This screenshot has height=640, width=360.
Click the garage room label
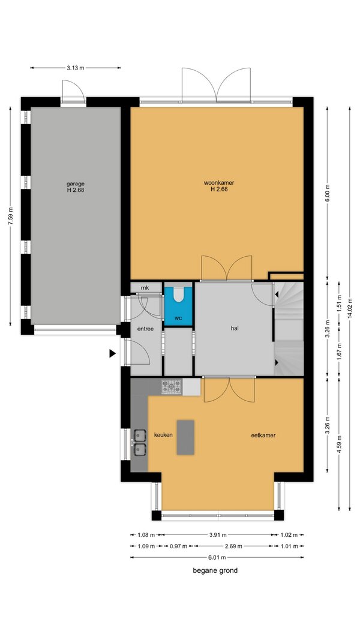point(76,184)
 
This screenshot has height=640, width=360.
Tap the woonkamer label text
point(219,183)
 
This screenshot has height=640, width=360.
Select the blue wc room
point(178,307)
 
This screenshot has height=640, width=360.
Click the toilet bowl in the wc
point(178,295)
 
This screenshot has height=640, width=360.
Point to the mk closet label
point(145,288)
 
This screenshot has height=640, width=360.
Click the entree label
point(145,329)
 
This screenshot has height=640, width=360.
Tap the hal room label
point(234,327)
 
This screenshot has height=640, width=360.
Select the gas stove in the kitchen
point(172,387)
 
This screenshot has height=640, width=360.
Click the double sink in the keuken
point(139,443)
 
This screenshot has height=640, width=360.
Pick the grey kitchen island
point(185,437)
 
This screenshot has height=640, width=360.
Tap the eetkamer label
point(263,435)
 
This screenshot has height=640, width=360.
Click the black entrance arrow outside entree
point(112,353)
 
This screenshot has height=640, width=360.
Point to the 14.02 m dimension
point(350,308)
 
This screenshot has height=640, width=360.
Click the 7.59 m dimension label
point(11,216)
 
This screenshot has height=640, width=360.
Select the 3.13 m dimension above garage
point(76,68)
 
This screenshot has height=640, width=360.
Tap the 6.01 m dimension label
point(217,558)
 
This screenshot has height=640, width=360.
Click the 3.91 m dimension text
point(217,534)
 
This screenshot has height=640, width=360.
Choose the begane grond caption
point(215,570)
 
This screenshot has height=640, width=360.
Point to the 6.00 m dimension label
point(328,193)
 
